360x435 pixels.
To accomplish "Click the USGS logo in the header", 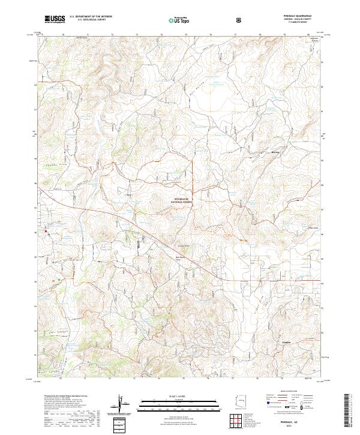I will (55, 20).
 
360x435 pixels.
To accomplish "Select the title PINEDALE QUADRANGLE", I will (301, 16).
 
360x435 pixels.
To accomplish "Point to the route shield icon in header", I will (239, 20).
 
